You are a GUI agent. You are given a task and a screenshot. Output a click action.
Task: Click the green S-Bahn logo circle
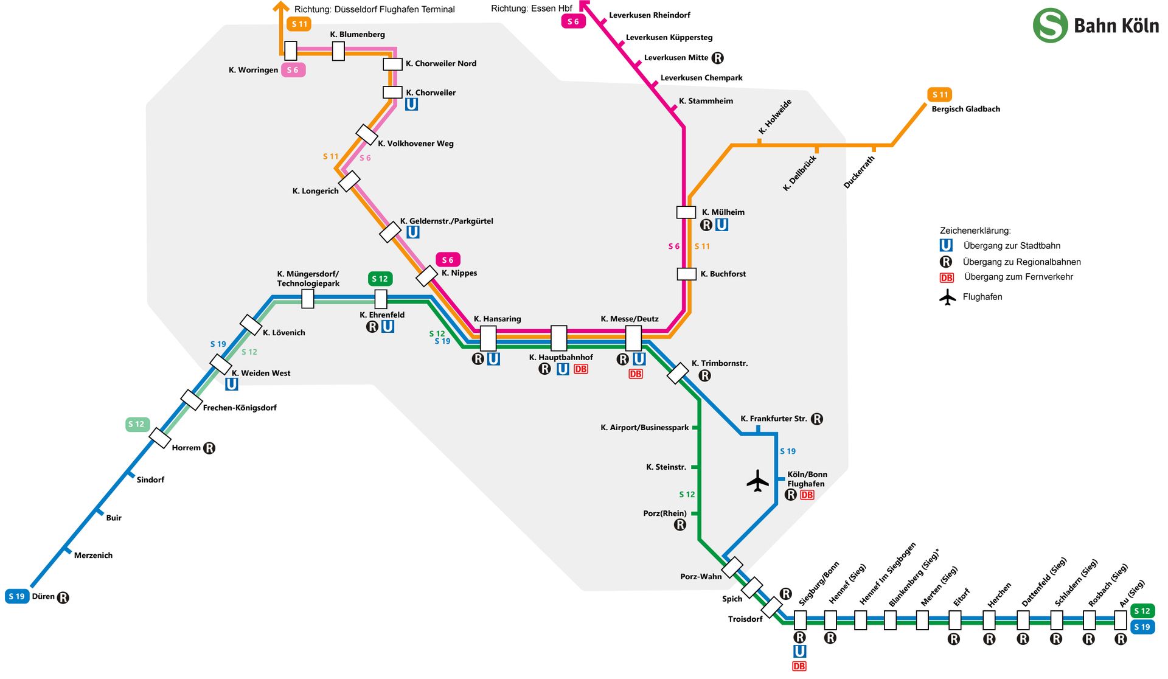[x=1051, y=25]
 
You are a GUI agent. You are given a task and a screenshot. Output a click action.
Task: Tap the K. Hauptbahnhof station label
[x=561, y=357]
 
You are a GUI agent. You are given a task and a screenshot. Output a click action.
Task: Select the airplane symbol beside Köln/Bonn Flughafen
[x=758, y=481]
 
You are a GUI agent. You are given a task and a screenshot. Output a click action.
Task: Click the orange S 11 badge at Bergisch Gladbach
[x=940, y=94]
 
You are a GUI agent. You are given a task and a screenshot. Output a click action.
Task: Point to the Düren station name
[x=43, y=596]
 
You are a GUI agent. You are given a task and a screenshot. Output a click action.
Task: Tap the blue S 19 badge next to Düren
[x=17, y=596]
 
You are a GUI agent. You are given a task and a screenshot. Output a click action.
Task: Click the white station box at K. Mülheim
[x=686, y=212]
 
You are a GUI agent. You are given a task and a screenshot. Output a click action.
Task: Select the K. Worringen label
[x=253, y=70]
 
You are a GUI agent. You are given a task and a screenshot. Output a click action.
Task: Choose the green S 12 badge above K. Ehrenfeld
[x=380, y=279]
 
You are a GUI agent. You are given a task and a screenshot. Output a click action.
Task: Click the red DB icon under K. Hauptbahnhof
[x=581, y=369]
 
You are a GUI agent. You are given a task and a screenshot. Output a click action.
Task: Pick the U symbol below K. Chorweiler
[x=411, y=104]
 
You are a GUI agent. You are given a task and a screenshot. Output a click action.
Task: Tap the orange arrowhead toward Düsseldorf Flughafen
[x=281, y=6]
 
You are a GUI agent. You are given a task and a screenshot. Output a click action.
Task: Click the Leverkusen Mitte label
[x=676, y=58]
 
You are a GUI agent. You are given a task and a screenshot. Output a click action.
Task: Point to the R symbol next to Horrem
[x=209, y=448]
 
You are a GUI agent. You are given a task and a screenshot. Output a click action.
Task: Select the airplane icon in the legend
[x=947, y=298]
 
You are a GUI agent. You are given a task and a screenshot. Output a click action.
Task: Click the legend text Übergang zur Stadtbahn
[x=1012, y=246]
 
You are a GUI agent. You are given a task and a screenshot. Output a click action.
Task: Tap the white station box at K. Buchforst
[x=687, y=274]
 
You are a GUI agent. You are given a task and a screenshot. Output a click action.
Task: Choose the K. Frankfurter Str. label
[x=774, y=419]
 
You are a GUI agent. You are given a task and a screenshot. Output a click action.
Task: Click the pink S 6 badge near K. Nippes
[x=448, y=260]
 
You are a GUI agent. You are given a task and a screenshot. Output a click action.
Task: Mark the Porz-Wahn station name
[x=701, y=576]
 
